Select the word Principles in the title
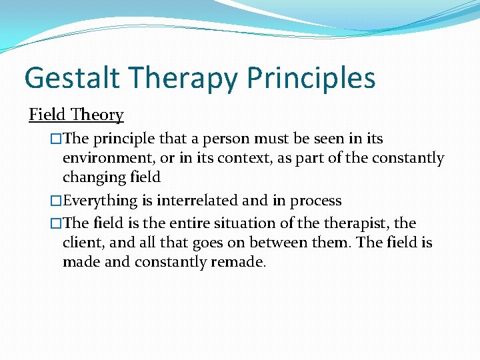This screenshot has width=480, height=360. click(311, 78)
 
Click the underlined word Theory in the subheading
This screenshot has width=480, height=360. click(97, 115)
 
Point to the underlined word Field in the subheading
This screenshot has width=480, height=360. click(48, 115)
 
